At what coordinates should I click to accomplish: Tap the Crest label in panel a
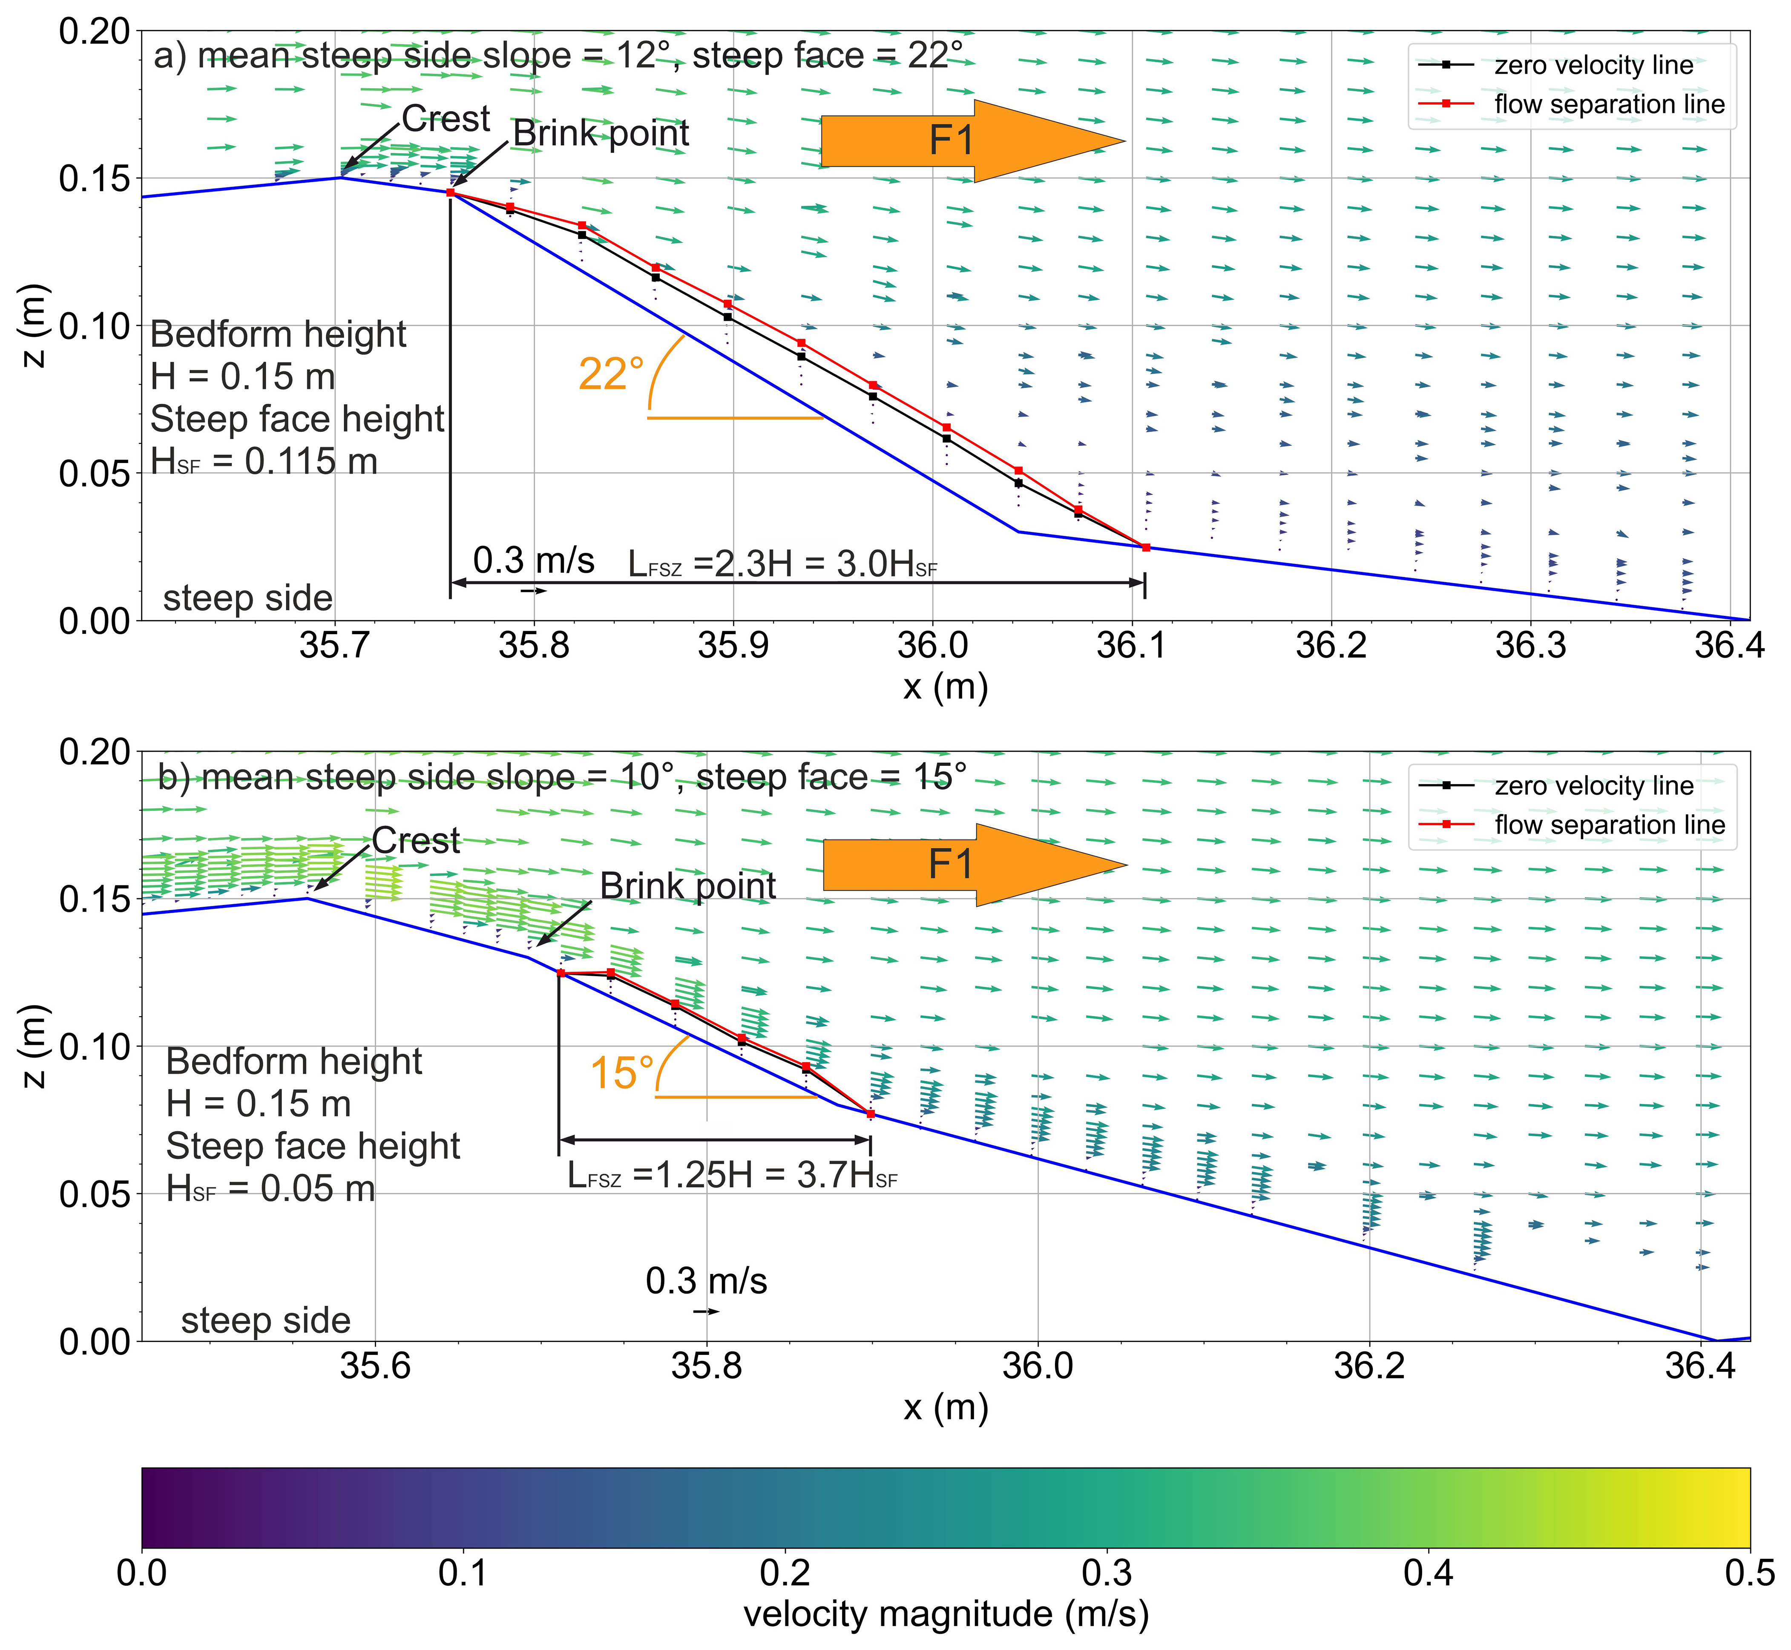point(446,119)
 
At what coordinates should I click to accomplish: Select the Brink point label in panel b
point(687,886)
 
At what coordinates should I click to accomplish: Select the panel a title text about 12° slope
point(558,55)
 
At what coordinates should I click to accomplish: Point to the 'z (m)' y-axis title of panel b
point(34,1046)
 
